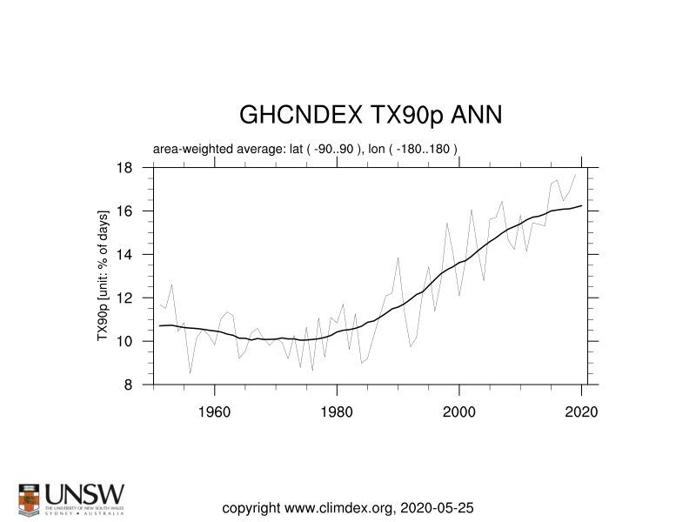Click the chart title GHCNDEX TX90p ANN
pos(370,117)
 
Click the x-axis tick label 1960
pos(214,412)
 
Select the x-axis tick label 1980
pos(337,412)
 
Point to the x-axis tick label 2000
pos(459,412)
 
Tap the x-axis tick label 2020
pos(581,412)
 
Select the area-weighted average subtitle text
pos(305,149)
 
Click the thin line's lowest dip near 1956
pos(191,373)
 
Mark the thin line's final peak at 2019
pos(575,175)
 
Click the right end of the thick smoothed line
pos(581,205)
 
